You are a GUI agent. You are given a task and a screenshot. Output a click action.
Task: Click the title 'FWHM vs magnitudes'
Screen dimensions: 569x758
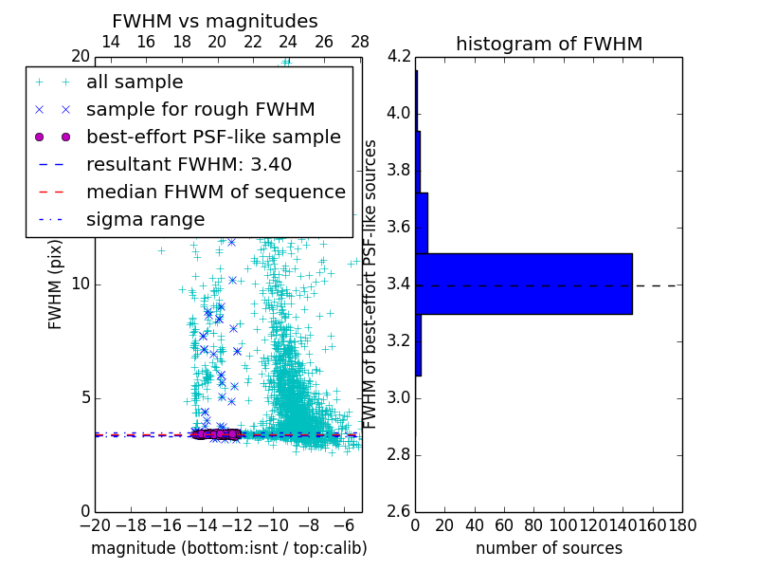pyautogui.click(x=215, y=22)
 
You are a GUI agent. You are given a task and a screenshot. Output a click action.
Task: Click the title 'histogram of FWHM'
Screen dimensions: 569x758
pyautogui.click(x=549, y=44)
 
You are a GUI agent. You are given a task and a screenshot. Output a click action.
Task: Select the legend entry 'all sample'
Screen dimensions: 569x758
pyautogui.click(x=135, y=83)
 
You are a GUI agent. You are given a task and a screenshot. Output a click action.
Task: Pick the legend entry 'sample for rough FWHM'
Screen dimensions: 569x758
pyautogui.click(x=200, y=109)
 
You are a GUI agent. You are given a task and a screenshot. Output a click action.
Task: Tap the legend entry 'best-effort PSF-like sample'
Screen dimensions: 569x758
pyautogui.click(x=213, y=137)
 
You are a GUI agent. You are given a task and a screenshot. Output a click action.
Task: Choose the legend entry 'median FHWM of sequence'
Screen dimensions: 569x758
pyautogui.click(x=215, y=192)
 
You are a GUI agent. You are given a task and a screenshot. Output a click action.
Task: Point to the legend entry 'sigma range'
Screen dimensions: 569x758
pyautogui.click(x=145, y=219)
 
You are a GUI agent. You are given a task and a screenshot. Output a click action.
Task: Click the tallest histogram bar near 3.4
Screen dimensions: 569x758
pyautogui.click(x=524, y=284)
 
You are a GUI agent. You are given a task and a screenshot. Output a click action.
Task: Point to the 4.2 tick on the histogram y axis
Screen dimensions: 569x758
pyautogui.click(x=399, y=57)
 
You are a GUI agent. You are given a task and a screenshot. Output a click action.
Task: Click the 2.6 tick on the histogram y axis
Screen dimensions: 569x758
pyautogui.click(x=399, y=511)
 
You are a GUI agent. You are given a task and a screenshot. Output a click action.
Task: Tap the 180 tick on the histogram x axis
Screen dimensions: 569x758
pyautogui.click(x=682, y=524)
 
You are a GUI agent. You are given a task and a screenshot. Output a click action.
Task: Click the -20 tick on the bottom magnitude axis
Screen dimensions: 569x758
pyautogui.click(x=95, y=524)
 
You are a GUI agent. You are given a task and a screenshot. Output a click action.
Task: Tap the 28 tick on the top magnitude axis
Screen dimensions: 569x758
pyautogui.click(x=360, y=42)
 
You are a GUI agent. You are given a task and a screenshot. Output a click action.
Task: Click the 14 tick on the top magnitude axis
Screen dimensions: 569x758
pyautogui.click(x=110, y=42)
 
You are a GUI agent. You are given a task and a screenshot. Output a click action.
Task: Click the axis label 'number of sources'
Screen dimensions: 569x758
pyautogui.click(x=549, y=548)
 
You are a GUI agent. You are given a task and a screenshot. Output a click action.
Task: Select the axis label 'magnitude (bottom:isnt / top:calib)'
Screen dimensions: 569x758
pyautogui.click(x=228, y=548)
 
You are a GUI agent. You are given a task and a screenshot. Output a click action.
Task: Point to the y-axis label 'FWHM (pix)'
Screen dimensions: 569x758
pyautogui.click(x=56, y=284)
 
